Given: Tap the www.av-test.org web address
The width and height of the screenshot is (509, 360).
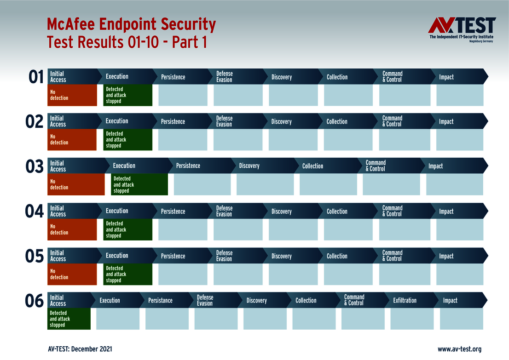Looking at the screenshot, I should coord(459,349).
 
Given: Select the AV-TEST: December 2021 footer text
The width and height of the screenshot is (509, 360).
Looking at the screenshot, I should coord(80,349).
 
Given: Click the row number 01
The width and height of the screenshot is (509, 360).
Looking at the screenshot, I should coord(36,77).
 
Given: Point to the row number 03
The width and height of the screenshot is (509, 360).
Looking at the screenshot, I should coord(35,166).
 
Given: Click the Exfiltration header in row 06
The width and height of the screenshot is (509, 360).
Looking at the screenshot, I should coord(405,300).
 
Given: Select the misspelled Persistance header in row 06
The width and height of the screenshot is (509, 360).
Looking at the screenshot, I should coord(160,300).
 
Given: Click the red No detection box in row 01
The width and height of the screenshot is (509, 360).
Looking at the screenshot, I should coord(72,95).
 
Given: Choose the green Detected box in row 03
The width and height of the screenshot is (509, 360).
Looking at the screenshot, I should coord(139,184).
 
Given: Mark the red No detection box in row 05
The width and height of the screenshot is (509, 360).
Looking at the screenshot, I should coord(72,274).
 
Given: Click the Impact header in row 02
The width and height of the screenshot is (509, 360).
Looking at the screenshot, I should coord(446,121).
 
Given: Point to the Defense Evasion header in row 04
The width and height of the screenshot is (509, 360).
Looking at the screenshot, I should coord(224,211).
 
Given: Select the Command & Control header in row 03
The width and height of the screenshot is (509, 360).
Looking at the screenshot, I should coord(376,166).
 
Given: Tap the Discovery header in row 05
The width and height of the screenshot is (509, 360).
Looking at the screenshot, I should coord(281,256).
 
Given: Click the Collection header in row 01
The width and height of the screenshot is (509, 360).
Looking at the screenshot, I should coord(337,77).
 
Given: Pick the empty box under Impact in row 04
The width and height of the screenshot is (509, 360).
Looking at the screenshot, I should coord(459,229).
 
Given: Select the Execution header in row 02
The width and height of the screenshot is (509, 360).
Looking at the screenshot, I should coord(117,121).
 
